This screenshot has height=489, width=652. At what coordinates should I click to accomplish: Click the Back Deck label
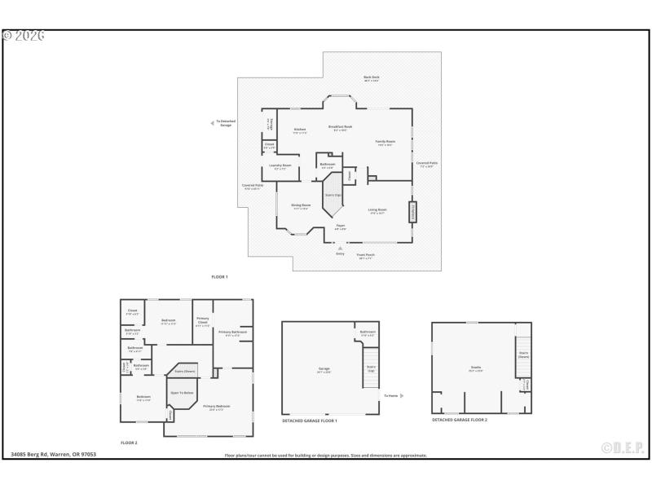pyautogui.click(x=371, y=79)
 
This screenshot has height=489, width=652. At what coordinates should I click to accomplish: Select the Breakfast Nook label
pyautogui.click(x=340, y=128)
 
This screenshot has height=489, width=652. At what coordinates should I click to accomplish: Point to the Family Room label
pyautogui.click(x=385, y=143)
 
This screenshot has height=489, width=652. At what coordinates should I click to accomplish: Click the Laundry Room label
pyautogui.click(x=280, y=166)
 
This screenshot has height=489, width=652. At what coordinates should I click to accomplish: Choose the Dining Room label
pyautogui.click(x=302, y=207)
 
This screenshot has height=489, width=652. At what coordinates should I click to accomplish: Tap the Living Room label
pyautogui.click(x=377, y=211)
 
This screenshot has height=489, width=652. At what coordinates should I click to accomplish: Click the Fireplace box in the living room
pyautogui.click(x=412, y=212)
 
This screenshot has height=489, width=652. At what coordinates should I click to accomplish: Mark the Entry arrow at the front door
pyautogui.click(x=341, y=248)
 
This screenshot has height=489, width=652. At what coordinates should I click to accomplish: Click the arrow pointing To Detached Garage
pyautogui.click(x=214, y=123)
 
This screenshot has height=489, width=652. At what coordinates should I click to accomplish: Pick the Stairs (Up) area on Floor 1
pyautogui.click(x=333, y=195)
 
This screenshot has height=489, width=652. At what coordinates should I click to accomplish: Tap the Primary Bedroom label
pyautogui.click(x=216, y=407)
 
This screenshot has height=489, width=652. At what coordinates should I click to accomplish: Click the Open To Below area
pyautogui.click(x=182, y=393)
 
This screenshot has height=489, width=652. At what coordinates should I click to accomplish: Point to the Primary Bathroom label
pyautogui.click(x=232, y=333)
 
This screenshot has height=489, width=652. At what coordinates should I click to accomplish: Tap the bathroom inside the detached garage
pyautogui.click(x=368, y=333)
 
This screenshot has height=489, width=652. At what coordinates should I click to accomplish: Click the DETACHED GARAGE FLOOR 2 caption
pyautogui.click(x=459, y=420)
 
